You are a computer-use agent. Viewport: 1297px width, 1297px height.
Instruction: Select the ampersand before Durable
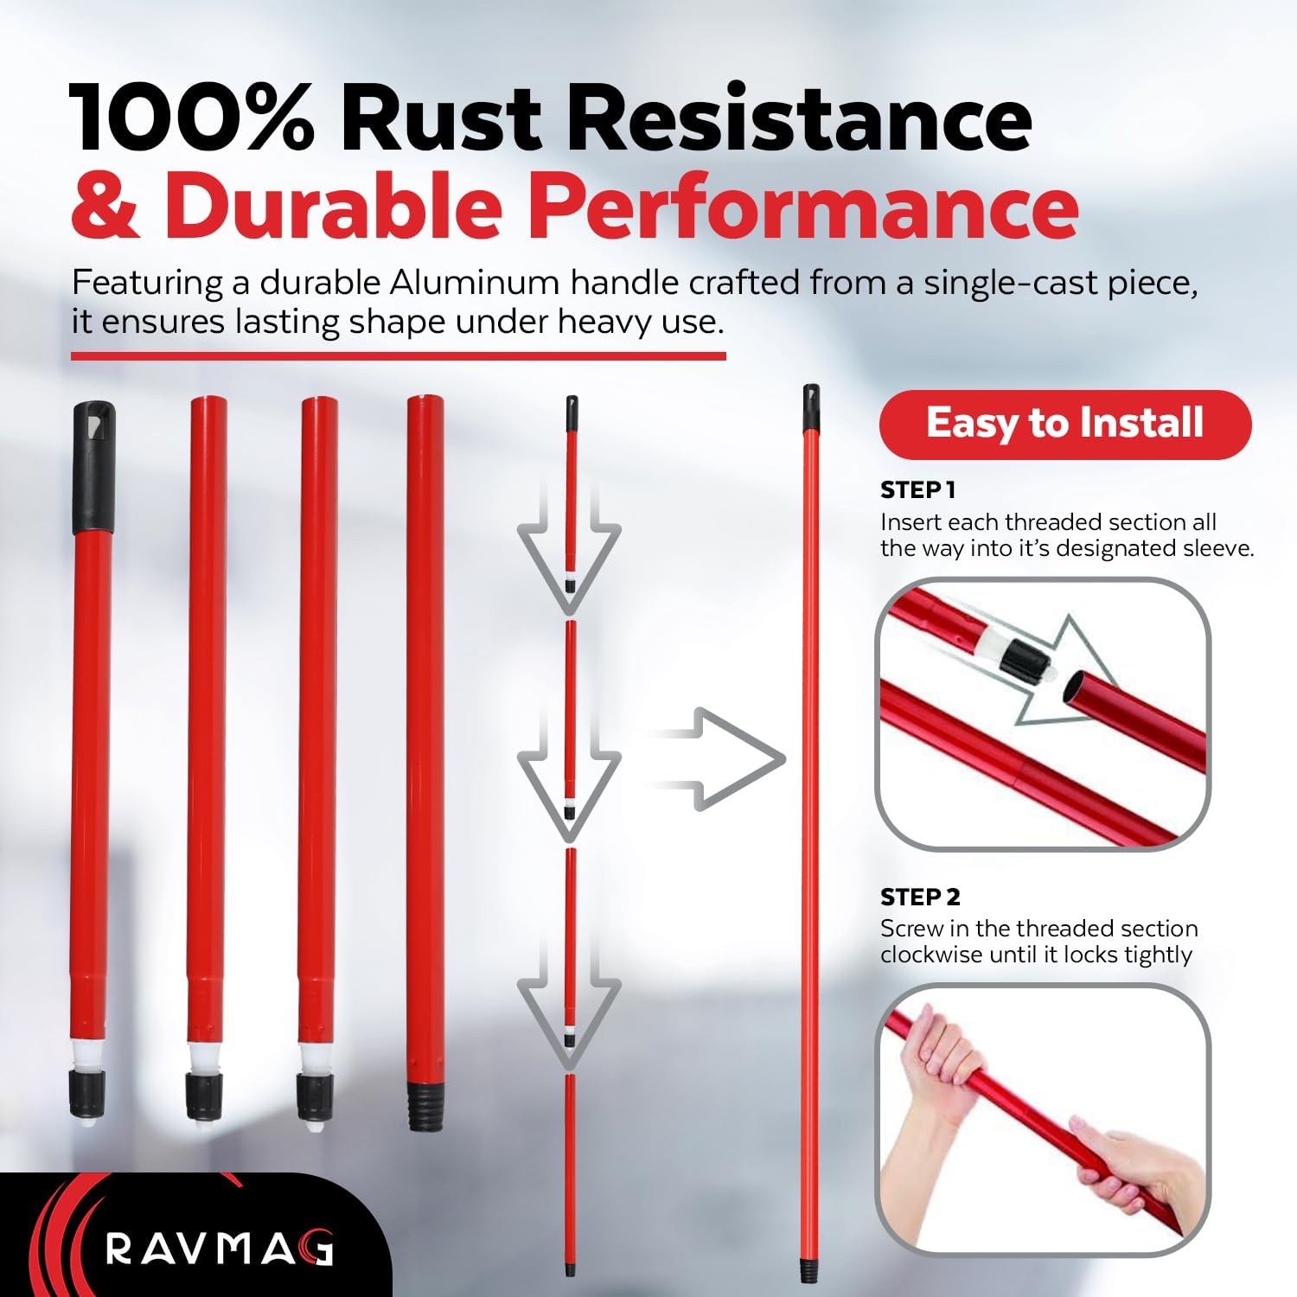(x=105, y=205)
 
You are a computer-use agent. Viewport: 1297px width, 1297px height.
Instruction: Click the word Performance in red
(x=803, y=205)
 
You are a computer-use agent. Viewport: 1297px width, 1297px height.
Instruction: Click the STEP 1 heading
(x=917, y=490)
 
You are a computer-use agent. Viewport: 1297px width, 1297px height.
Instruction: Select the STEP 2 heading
(x=920, y=897)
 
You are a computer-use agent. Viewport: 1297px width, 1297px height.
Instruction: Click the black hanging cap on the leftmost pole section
(x=93, y=467)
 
